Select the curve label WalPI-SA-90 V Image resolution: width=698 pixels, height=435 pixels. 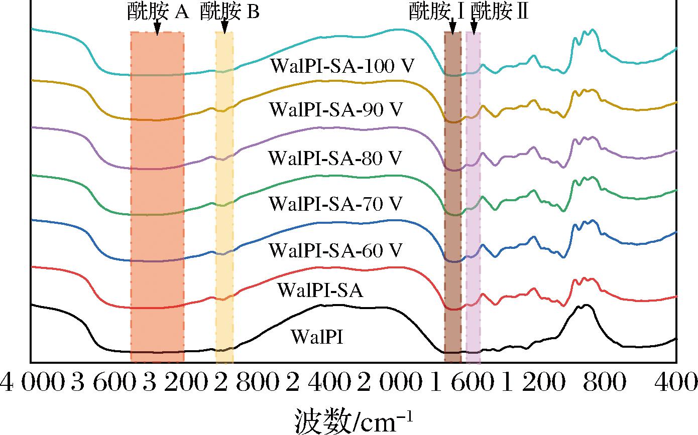point(336,110)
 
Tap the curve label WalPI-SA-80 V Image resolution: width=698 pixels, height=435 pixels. point(335,158)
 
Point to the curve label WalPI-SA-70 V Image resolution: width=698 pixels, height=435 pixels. point(336,204)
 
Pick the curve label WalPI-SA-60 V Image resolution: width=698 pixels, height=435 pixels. point(336,249)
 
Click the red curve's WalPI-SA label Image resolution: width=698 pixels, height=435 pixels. point(320,290)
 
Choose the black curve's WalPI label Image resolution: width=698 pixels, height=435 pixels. point(317,336)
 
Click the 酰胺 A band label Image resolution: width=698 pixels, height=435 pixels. point(157,11)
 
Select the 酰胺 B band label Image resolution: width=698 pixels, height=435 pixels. point(229,11)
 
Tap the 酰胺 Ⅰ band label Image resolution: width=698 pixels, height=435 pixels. point(436,11)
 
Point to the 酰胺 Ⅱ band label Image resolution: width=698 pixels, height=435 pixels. point(499,11)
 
